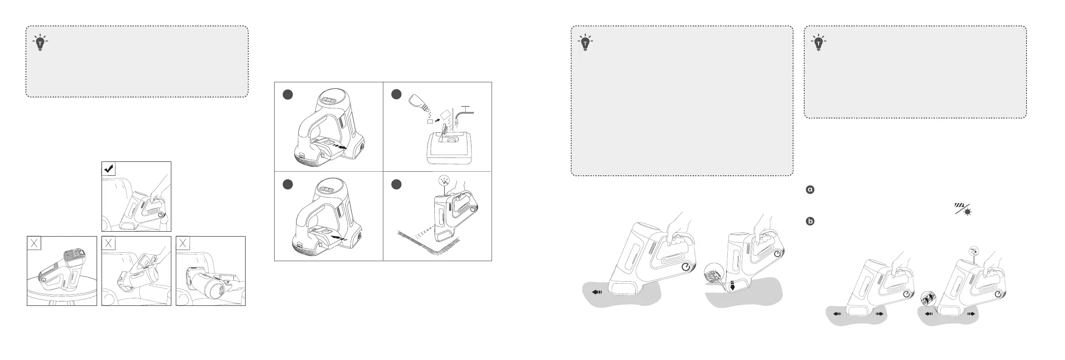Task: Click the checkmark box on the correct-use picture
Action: pos(109,169)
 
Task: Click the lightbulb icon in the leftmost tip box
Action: pos(40,42)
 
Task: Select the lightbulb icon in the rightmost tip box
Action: pos(819,42)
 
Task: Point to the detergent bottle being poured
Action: pos(419,106)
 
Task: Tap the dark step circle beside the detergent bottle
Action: pos(396,94)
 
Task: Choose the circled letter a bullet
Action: pos(809,190)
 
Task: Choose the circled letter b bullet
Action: pos(809,221)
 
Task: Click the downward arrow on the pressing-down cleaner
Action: pos(732,286)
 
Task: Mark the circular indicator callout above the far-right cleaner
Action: pos(972,250)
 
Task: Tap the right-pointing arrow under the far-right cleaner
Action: pos(971,314)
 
